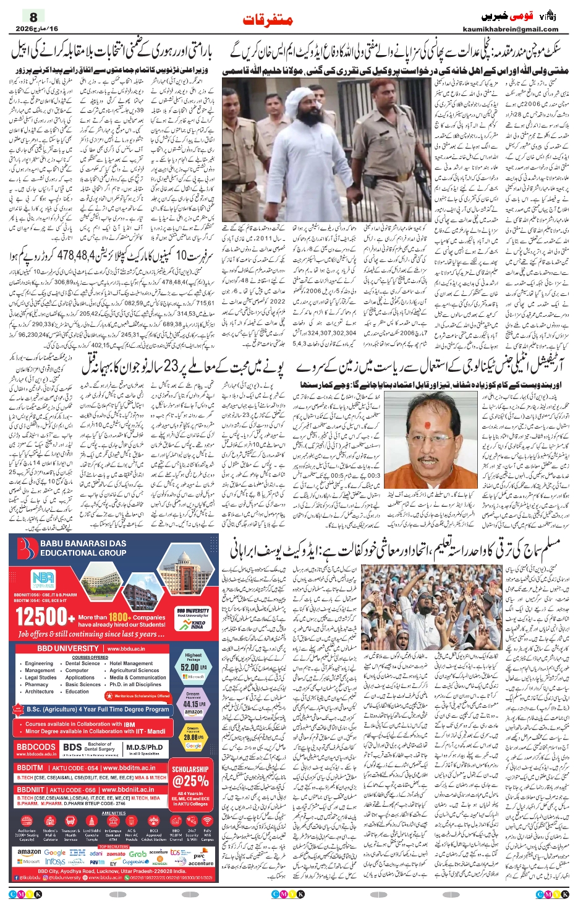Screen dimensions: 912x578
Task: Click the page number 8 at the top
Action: point(33,17)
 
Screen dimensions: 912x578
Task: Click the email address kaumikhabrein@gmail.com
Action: point(511,29)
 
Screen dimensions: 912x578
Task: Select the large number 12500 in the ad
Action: point(41,617)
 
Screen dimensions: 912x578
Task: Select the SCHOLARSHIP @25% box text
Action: point(190,776)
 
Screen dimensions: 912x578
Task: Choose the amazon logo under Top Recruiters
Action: point(29,852)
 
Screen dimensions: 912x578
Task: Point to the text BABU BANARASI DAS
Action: point(83,543)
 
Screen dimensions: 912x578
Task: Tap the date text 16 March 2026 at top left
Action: point(36,28)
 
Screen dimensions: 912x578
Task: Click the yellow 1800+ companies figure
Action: point(119,617)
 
